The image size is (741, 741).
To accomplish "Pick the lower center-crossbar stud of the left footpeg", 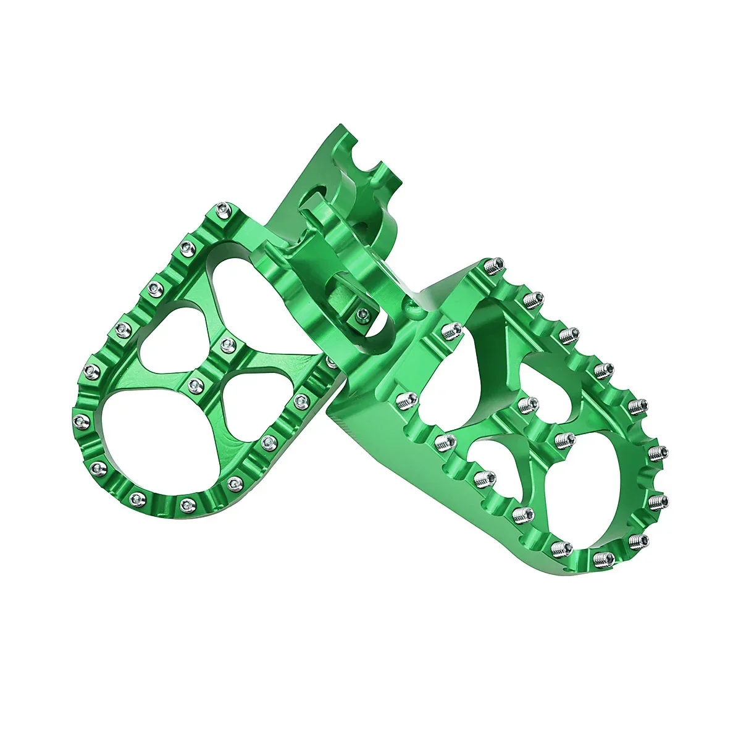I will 196,387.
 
